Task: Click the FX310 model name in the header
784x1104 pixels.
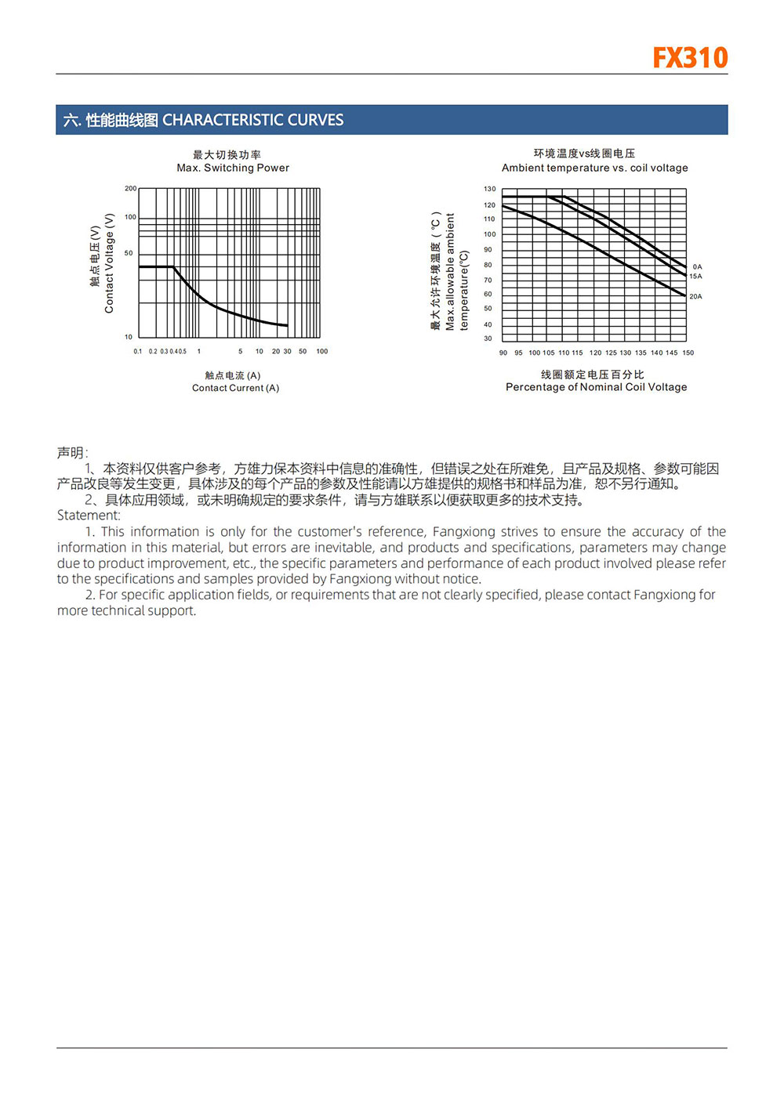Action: [x=690, y=58]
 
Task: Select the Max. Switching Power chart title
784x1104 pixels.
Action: [x=233, y=168]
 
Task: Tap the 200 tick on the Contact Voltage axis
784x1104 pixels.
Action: [x=130, y=189]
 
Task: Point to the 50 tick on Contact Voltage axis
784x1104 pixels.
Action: [x=129, y=253]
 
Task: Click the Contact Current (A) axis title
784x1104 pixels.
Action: [x=235, y=388]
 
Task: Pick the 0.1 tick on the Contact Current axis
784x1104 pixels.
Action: [x=138, y=352]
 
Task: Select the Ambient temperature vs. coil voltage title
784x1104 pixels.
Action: [x=594, y=168]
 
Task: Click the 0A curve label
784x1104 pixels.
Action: [x=697, y=267]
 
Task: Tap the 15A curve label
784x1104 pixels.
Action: [x=695, y=277]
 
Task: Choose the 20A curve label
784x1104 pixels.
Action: [x=695, y=297]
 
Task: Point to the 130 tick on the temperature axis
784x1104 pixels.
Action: [x=489, y=189]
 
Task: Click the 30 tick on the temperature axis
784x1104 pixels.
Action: [x=488, y=338]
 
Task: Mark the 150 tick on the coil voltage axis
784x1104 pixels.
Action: [x=688, y=353]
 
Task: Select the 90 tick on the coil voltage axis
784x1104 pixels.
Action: [x=503, y=353]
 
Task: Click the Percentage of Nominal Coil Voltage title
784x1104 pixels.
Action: [x=596, y=387]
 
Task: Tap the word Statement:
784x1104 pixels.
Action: [x=89, y=516]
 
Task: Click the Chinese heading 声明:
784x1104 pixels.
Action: [x=72, y=453]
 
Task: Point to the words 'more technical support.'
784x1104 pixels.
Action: [x=126, y=611]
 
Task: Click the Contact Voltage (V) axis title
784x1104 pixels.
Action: [x=109, y=263]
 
